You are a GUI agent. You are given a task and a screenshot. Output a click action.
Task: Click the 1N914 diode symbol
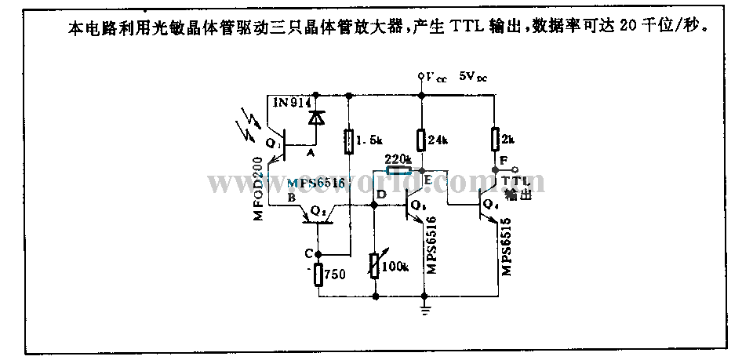(x=317, y=118)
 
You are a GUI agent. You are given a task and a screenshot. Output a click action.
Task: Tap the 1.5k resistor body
(x=349, y=141)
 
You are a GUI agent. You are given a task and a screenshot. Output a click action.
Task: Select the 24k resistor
(x=422, y=140)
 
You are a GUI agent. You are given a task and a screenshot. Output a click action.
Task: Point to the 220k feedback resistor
(x=398, y=169)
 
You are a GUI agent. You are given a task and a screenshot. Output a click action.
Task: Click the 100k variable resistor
(x=374, y=267)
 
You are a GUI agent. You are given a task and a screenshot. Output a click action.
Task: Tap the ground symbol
(x=424, y=310)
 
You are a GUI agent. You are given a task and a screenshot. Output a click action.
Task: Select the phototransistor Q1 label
(x=272, y=144)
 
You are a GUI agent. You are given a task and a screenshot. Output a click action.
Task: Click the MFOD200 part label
(x=260, y=188)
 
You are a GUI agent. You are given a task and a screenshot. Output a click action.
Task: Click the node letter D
(x=381, y=194)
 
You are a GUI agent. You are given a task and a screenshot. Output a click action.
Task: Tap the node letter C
(x=308, y=253)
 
